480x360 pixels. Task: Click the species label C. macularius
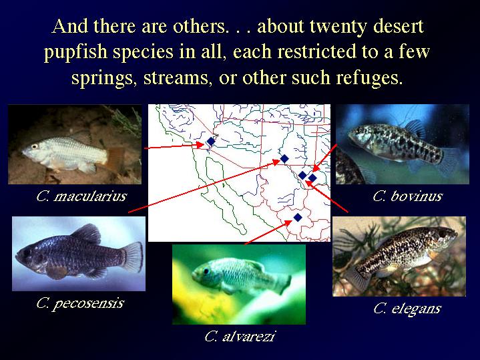tap(81, 196)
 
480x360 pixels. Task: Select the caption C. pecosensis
tap(80, 303)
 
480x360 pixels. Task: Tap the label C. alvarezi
tap(240, 337)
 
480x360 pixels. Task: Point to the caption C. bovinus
tap(407, 196)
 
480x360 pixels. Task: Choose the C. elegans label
tap(407, 308)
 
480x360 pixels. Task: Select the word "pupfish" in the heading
tap(75, 52)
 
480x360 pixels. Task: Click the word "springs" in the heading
tap(104, 78)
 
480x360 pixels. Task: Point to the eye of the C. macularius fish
tap(35, 146)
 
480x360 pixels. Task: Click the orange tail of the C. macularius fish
tap(115, 159)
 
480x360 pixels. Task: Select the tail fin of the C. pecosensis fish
tap(132, 256)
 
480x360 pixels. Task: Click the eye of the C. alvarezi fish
tap(206, 271)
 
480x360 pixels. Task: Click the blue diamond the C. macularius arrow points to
tap(211, 142)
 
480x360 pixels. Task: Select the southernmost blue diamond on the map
tap(298, 218)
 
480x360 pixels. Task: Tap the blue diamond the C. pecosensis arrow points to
tap(284, 159)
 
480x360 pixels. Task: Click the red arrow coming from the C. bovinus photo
tap(324, 158)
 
